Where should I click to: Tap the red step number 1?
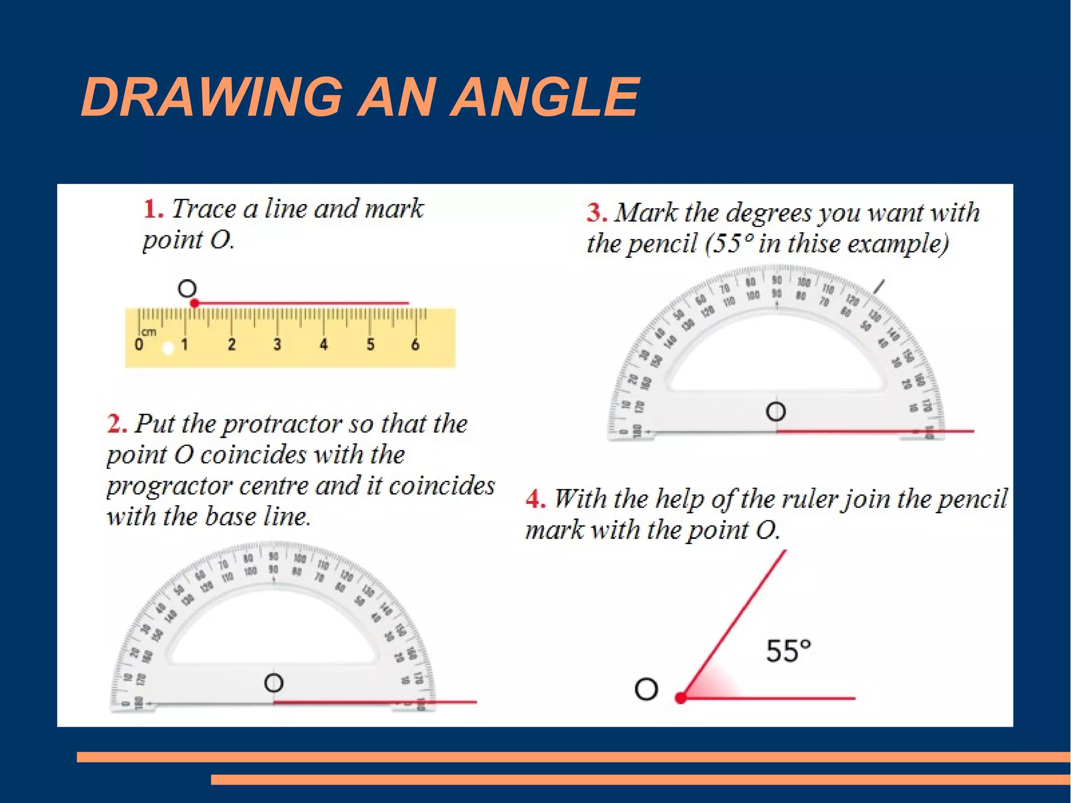(x=153, y=209)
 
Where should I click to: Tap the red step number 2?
(x=116, y=423)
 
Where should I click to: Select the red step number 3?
(x=596, y=213)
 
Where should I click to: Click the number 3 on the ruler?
(x=277, y=344)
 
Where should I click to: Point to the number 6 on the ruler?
(x=415, y=344)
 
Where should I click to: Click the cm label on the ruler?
(x=149, y=332)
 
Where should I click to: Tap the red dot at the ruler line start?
(x=195, y=303)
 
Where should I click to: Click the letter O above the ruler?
(x=187, y=288)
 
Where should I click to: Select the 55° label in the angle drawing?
(x=789, y=651)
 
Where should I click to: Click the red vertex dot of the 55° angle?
(x=680, y=698)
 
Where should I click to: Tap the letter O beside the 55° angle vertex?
(x=646, y=689)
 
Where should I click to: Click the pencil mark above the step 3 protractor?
(x=880, y=287)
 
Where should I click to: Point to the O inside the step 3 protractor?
(x=776, y=412)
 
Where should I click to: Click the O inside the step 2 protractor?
(x=274, y=683)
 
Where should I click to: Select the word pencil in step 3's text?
(x=662, y=244)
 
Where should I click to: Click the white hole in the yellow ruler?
(x=168, y=348)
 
